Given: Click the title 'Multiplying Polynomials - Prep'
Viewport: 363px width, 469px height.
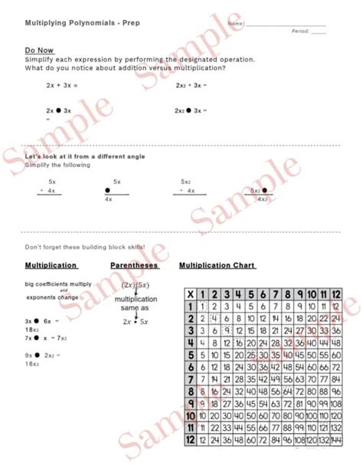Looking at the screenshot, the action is (71, 23).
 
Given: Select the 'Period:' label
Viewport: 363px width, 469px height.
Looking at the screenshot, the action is (299, 31).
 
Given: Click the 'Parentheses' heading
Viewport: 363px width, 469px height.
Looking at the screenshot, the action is (134, 265).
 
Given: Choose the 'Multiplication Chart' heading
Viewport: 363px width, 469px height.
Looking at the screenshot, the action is (217, 265).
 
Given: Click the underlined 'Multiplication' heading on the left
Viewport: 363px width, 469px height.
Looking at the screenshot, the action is (51, 265).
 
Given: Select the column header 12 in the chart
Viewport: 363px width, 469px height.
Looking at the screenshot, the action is (335, 294).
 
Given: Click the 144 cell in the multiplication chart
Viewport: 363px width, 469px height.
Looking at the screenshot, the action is (335, 441).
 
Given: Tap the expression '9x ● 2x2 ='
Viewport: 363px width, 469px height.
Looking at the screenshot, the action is (39, 355).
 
